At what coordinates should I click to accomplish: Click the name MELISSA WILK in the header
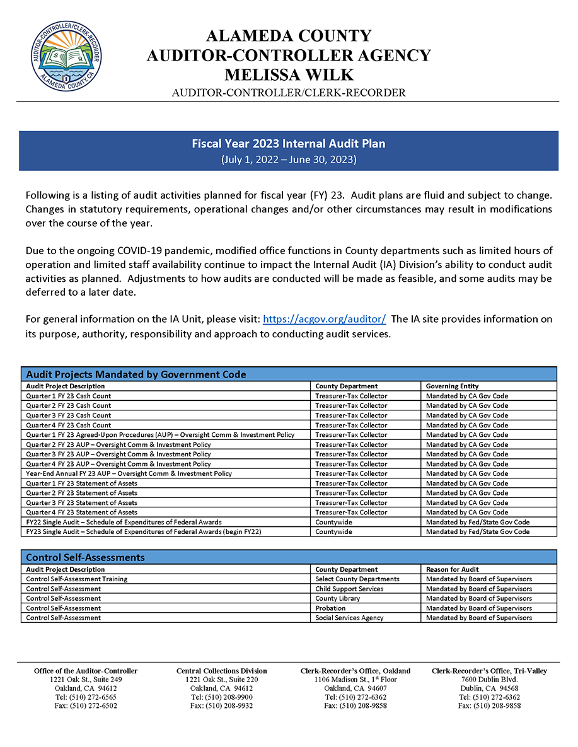pos(289,74)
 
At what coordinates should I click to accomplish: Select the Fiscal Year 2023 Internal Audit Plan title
pos(289,144)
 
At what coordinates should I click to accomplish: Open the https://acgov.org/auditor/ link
pos(324,319)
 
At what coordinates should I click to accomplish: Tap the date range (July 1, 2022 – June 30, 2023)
pos(289,159)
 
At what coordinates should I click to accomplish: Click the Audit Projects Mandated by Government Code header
pos(136,374)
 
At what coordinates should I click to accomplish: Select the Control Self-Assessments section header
pos(85,557)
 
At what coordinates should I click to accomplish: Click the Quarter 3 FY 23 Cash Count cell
pos(68,415)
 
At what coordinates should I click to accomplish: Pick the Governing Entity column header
pos(452,386)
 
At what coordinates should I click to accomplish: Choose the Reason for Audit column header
pos(452,569)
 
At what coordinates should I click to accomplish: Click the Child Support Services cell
pos(349,589)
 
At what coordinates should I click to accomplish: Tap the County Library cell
pos(338,598)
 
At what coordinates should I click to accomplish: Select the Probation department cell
pos(330,608)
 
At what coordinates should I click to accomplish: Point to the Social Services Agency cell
pos(349,618)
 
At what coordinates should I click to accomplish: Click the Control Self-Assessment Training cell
pos(76,579)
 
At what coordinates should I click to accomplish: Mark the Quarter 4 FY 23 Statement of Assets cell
pos(81,512)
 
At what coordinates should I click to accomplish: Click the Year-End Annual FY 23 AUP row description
pos(129,473)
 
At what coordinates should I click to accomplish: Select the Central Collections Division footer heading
pos(221,671)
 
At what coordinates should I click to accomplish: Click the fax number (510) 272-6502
pos(86,706)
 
